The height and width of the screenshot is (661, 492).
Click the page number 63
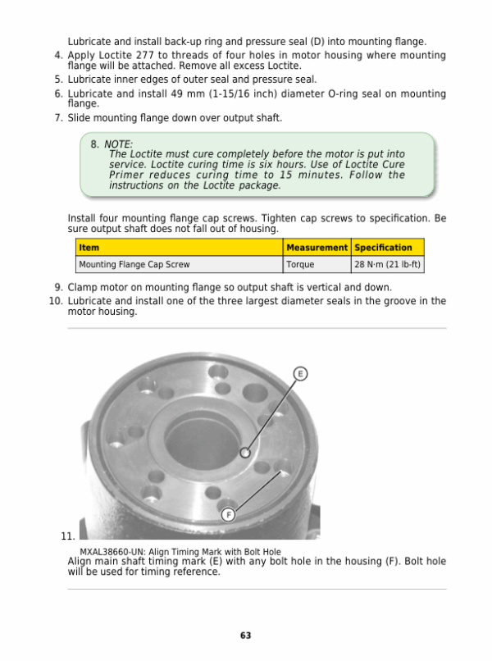tap(245, 636)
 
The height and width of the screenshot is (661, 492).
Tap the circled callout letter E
tap(300, 374)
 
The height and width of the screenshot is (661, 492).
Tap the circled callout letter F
tap(230, 514)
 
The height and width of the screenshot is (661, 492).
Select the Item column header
tap(89, 248)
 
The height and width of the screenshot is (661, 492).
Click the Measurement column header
tap(317, 248)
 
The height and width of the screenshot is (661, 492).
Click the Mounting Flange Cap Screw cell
tap(134, 265)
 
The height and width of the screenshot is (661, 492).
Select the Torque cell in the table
tap(300, 265)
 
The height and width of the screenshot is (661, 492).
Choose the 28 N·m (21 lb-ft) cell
tap(387, 265)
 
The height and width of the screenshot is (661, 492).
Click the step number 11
tap(68, 536)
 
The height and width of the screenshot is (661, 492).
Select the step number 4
tap(59, 56)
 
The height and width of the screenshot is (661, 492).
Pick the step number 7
tap(59, 118)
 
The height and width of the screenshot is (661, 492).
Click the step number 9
tap(59, 288)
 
